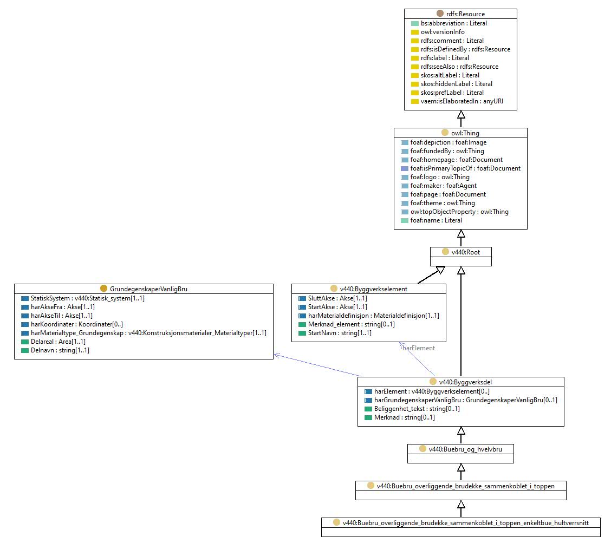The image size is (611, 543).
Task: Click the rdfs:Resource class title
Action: pyautogui.click(x=465, y=14)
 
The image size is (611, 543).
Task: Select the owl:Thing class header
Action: pyautogui.click(x=465, y=133)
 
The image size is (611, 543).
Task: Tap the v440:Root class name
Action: pyautogui.click(x=466, y=252)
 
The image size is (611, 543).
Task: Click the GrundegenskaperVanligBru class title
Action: pyautogui.click(x=148, y=289)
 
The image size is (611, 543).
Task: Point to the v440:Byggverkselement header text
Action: pyautogui.click(x=373, y=289)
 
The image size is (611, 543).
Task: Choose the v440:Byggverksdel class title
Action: pyautogui.click(x=465, y=382)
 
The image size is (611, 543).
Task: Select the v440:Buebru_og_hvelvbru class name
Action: pyautogui.click(x=465, y=449)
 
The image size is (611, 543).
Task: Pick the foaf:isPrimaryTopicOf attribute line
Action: pyautogui.click(x=465, y=169)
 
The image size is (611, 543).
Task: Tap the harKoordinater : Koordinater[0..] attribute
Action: pyautogui.click(x=77, y=324)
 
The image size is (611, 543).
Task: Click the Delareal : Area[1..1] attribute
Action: pyautogui.click(x=58, y=342)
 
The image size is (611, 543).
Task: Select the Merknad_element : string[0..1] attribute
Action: pyautogui.click(x=351, y=324)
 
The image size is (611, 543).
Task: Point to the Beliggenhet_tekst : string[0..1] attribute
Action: pyautogui.click(x=417, y=409)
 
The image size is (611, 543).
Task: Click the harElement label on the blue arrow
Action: pyautogui.click(x=419, y=348)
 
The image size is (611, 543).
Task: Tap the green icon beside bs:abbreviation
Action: pyautogui.click(x=414, y=24)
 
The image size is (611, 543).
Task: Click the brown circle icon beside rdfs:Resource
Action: pyautogui.click(x=440, y=14)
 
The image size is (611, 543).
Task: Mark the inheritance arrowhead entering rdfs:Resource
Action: pyautogui.click(x=461, y=115)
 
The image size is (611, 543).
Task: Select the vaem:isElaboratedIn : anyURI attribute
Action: pyautogui.click(x=461, y=101)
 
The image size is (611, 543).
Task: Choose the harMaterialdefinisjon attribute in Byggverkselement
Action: pyautogui.click(x=373, y=316)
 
